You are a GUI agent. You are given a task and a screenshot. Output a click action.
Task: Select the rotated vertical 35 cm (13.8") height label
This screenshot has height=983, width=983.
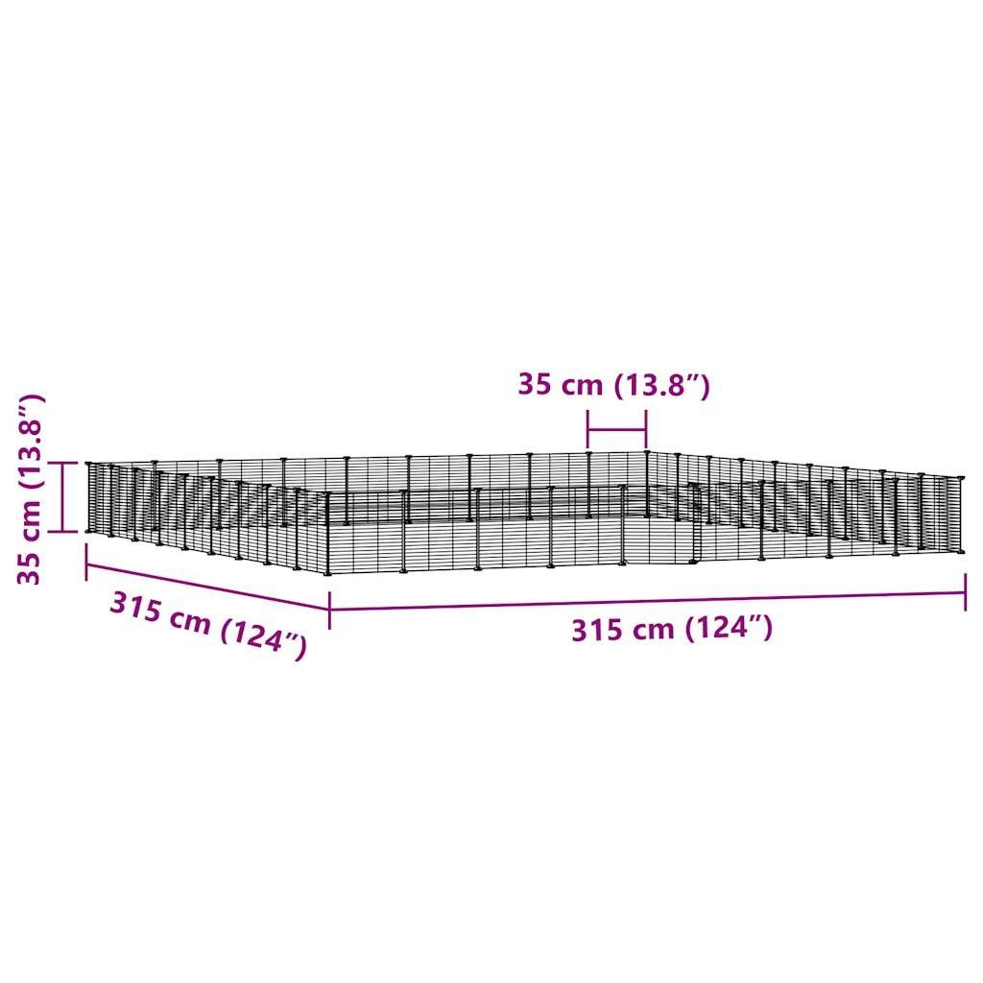[30, 489]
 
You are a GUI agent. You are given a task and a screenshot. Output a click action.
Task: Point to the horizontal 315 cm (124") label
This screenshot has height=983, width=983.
[672, 629]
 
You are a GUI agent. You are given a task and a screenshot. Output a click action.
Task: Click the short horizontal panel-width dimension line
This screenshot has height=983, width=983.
[617, 430]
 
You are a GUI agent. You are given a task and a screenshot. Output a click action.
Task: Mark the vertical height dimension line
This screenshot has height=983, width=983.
[62, 497]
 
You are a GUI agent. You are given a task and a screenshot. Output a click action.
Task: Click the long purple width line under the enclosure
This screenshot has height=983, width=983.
[648, 601]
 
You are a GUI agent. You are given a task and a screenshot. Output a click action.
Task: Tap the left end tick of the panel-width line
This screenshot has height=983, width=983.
[588, 430]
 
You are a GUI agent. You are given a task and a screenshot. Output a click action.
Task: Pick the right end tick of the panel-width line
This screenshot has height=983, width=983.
[646, 430]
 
